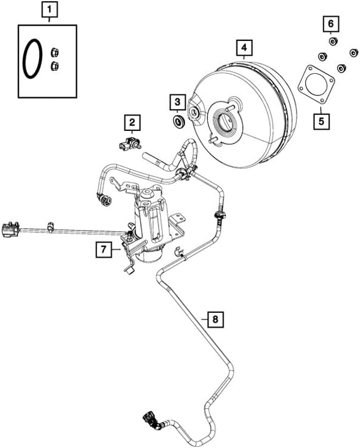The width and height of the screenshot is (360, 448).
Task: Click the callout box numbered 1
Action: click(50, 11)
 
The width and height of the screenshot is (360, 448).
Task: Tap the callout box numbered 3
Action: click(177, 103)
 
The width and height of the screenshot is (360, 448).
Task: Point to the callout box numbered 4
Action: click(243, 47)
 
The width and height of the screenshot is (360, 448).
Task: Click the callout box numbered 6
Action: click(330, 25)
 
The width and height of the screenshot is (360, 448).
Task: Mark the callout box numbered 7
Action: click(103, 249)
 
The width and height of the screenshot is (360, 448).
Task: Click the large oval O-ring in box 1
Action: click(32, 59)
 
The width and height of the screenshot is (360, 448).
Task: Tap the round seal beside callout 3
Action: click(178, 123)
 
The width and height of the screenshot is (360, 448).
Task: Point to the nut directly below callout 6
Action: click(331, 40)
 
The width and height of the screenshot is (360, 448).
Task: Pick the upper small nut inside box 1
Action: click(53, 52)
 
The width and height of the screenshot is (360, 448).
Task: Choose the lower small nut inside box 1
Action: click(55, 65)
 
